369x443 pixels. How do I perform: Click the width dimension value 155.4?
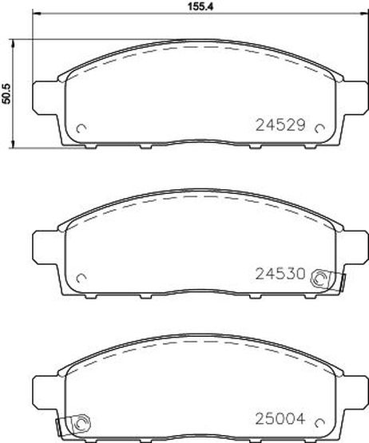(200, 6)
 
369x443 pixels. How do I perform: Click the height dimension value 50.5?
(6, 93)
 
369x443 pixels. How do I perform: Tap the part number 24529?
(280, 125)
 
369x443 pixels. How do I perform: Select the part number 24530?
(280, 274)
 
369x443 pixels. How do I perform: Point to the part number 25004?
(280, 419)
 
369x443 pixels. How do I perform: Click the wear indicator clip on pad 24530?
(327, 280)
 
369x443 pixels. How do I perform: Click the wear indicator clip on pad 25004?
(73, 425)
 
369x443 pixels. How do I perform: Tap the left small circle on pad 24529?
(81, 129)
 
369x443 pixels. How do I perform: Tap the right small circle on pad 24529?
(319, 129)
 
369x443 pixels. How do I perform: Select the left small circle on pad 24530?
(81, 278)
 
